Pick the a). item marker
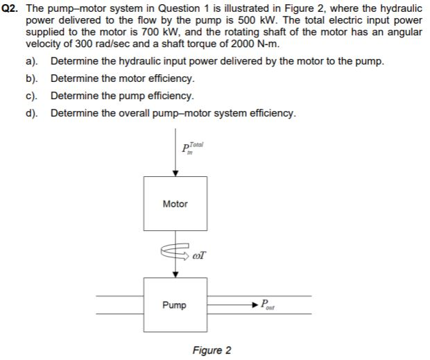(33, 61)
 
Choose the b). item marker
(33, 78)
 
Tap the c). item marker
(33, 96)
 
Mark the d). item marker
(33, 113)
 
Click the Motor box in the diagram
(175, 204)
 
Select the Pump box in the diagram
(175, 305)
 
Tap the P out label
(268, 305)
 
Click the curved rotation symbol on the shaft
(174, 255)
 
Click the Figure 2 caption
(212, 350)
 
